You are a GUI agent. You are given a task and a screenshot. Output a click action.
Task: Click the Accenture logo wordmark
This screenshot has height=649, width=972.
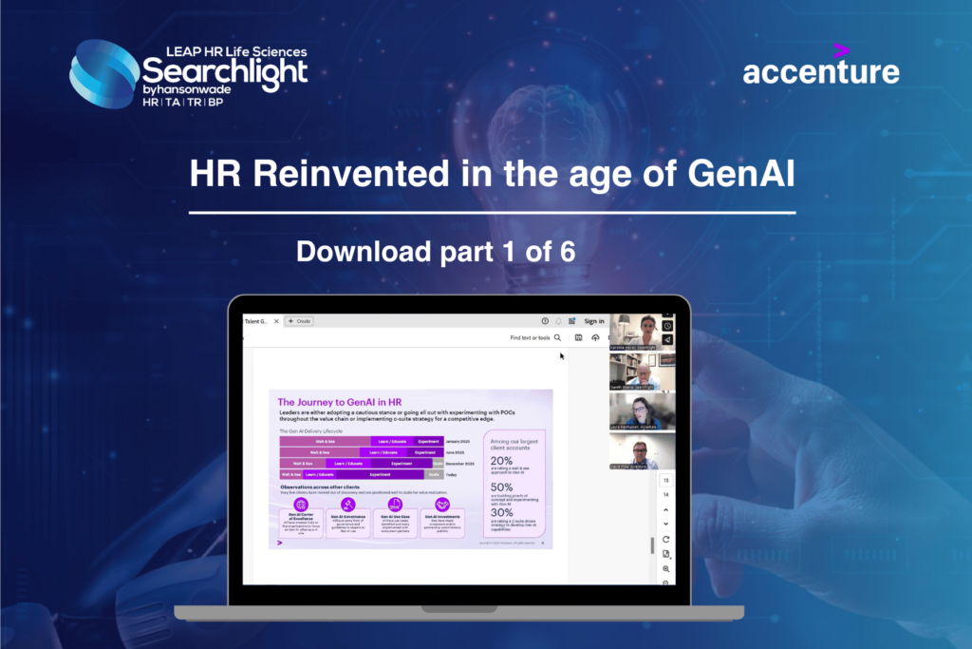(x=821, y=72)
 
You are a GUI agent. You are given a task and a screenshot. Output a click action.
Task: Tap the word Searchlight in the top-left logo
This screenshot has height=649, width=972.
(x=225, y=71)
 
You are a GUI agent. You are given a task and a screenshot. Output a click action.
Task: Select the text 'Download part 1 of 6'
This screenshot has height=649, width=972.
(x=437, y=251)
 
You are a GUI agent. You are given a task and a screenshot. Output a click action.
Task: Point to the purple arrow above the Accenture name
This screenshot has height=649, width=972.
(x=840, y=49)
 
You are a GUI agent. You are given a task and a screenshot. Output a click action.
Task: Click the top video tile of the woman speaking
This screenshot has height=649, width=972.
(x=642, y=333)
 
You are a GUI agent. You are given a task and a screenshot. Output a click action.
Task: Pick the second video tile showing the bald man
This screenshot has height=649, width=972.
(x=642, y=372)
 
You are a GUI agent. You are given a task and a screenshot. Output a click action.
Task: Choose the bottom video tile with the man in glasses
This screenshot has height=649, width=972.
(x=642, y=450)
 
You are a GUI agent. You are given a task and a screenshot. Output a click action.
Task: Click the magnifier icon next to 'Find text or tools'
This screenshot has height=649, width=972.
(x=557, y=337)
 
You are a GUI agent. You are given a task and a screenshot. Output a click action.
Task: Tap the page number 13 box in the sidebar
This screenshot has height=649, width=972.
(x=665, y=480)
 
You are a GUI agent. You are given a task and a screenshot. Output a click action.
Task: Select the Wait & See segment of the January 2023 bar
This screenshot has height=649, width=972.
(x=313, y=441)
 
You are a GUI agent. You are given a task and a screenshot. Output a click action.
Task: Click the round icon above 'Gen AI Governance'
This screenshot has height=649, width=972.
(x=347, y=505)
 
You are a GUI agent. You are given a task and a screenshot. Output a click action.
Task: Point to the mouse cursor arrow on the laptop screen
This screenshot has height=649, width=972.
(x=562, y=356)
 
